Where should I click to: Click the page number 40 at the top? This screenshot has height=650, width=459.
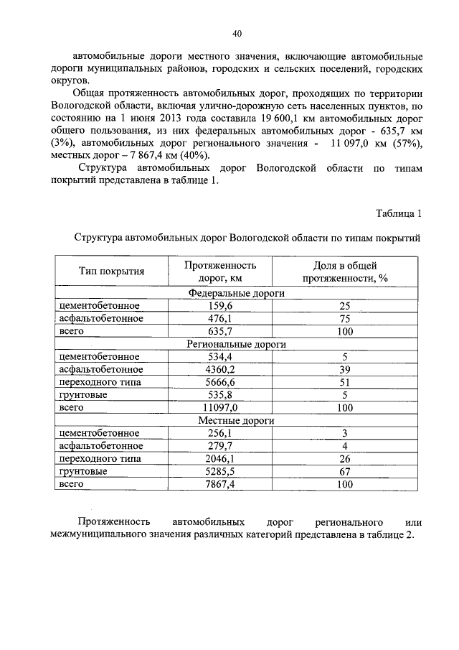(x=237, y=32)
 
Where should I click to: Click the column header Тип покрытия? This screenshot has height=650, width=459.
(x=112, y=271)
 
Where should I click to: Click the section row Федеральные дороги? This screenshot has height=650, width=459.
(x=236, y=293)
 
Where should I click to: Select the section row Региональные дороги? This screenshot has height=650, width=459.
(x=236, y=344)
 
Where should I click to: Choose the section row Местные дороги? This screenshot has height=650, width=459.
(x=236, y=420)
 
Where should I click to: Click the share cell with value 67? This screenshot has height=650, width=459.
(x=344, y=471)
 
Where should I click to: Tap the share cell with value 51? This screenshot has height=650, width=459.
(x=344, y=382)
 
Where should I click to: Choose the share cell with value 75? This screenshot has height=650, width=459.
(x=344, y=319)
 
